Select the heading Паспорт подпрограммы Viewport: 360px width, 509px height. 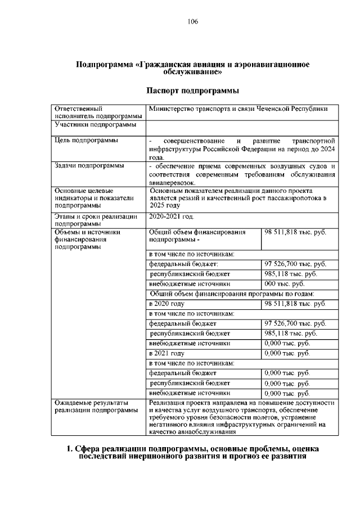(193, 91)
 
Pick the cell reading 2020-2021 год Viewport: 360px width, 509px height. (171, 216)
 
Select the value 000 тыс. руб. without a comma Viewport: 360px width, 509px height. (284, 284)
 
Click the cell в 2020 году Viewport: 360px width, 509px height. (166, 304)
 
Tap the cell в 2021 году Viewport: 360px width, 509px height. (166, 353)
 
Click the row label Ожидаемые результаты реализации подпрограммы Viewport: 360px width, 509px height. (96, 407)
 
